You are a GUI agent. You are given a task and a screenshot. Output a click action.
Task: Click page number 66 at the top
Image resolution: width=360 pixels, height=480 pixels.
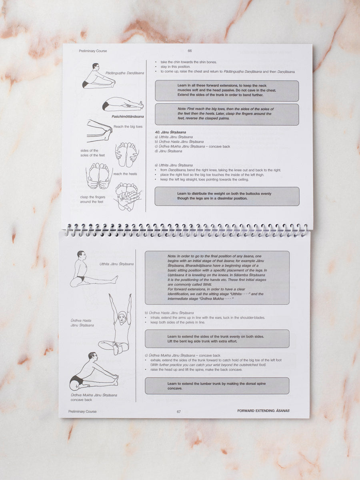click(x=190, y=51)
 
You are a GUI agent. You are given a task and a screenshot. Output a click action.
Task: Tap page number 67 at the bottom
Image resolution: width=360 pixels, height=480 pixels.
click(x=179, y=411)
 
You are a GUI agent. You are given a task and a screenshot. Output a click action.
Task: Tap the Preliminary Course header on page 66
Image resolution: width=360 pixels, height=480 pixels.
click(x=93, y=51)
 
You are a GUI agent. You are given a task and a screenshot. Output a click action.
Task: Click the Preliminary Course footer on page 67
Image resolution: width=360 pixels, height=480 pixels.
click(x=82, y=411)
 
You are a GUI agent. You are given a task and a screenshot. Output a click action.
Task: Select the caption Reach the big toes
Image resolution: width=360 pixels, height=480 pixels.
click(x=128, y=127)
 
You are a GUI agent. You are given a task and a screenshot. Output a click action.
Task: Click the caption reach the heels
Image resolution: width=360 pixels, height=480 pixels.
click(x=125, y=174)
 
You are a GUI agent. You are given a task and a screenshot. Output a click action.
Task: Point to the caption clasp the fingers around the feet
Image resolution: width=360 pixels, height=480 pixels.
click(x=92, y=199)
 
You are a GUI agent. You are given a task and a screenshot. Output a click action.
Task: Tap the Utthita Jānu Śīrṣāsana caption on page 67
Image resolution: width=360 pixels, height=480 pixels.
click(x=117, y=264)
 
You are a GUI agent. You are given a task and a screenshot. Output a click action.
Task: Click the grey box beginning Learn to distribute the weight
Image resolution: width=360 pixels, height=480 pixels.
click(x=227, y=196)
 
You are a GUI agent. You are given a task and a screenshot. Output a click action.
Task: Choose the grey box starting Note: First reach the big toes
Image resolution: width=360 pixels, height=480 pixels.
click(x=227, y=114)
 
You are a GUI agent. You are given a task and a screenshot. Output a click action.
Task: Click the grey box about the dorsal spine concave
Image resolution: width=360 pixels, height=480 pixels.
click(x=217, y=386)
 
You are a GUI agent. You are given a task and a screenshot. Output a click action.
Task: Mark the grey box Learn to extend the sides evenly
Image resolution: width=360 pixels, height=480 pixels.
click(x=217, y=338)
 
